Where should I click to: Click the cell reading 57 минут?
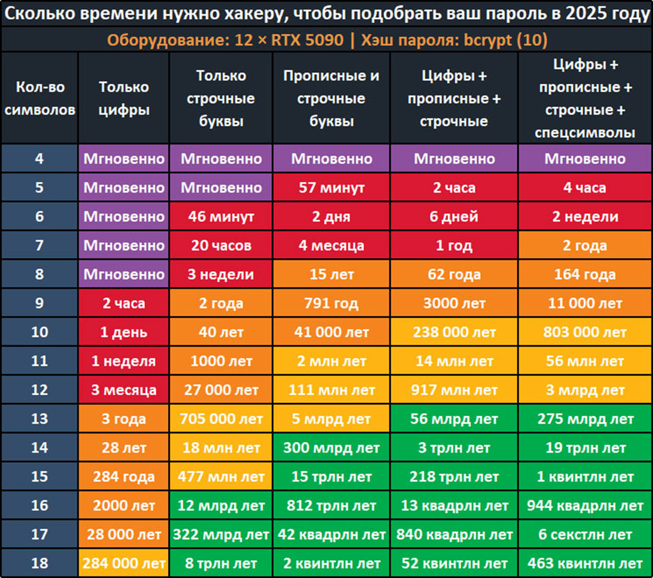point(331,187)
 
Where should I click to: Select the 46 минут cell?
point(220,216)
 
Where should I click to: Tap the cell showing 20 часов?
point(220,245)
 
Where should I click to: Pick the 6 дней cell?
point(453,216)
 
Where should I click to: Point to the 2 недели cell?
point(584,216)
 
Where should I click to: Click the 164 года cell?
point(584,275)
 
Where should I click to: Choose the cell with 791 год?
point(331,303)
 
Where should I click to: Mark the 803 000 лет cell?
point(584,332)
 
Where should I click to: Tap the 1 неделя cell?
point(123,361)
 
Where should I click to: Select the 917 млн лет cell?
point(453,390)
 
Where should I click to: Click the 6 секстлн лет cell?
point(584,534)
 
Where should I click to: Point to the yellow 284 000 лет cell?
point(123,563)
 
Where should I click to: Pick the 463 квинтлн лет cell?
point(584,563)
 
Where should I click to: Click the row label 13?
point(39,419)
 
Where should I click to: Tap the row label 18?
point(39,563)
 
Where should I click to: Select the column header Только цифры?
point(123,99)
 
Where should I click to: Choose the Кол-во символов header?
point(39,99)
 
